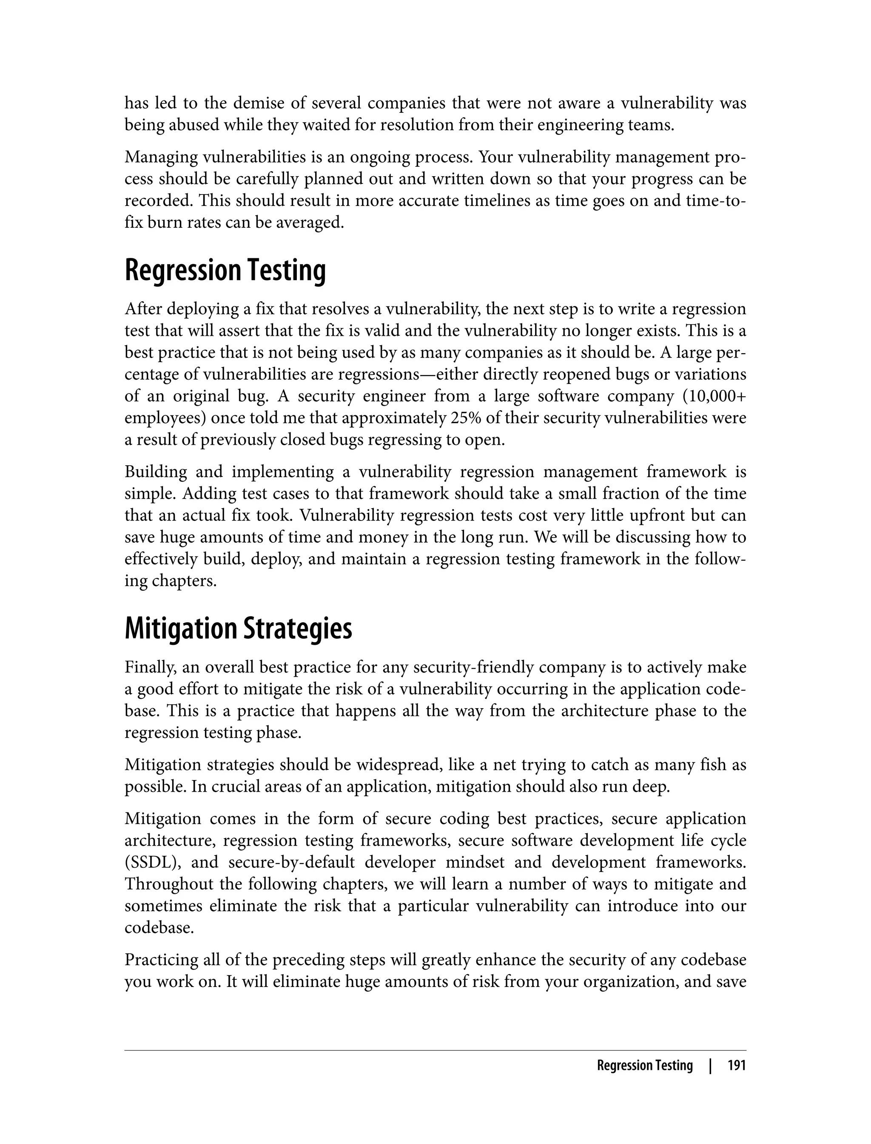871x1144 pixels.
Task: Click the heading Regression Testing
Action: (x=225, y=271)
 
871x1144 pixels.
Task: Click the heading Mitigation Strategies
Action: (x=238, y=629)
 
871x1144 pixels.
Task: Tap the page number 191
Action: (x=736, y=1065)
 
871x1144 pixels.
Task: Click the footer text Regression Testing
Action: (x=644, y=1065)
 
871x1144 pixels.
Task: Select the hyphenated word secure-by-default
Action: (x=291, y=862)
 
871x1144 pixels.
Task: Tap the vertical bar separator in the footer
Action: (x=710, y=1065)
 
